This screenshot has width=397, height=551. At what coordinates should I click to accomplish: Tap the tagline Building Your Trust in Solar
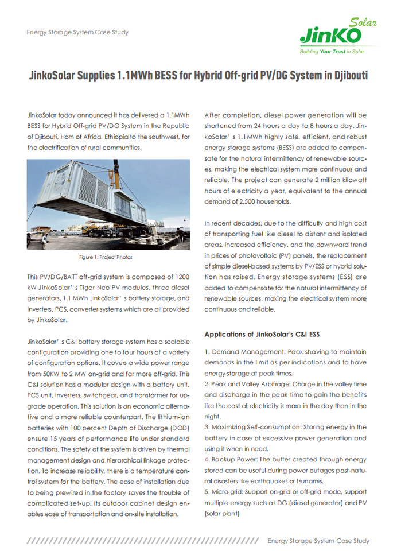(332, 52)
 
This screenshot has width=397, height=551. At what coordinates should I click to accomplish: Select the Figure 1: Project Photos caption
(107, 257)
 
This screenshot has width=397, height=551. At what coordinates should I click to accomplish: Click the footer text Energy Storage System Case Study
(318, 541)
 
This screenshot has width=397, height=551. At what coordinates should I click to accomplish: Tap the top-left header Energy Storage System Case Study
(77, 32)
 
